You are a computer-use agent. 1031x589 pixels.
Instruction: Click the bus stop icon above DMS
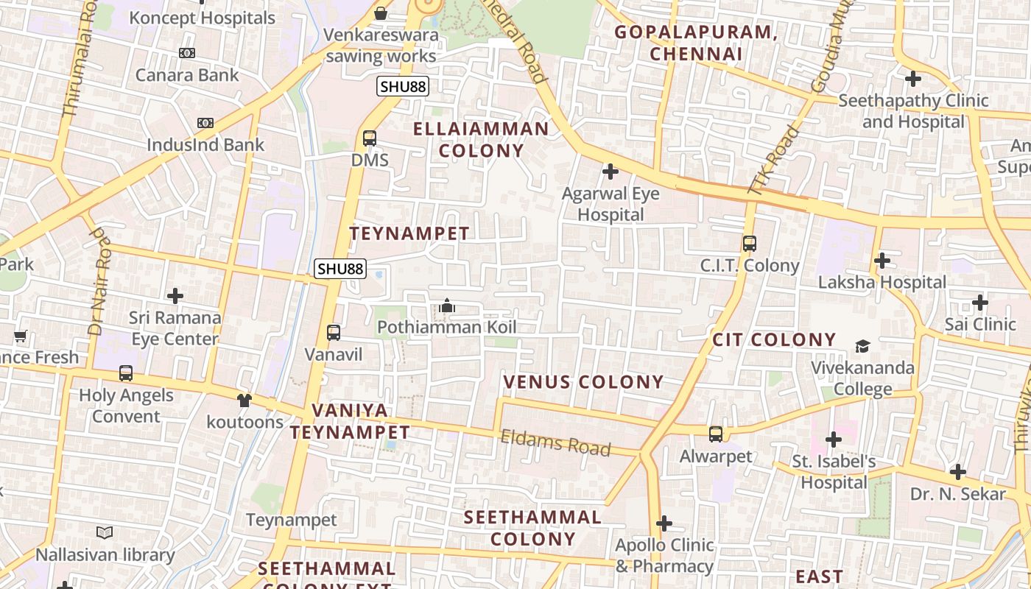tap(370, 138)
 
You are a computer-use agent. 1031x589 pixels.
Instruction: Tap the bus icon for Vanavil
tap(334, 333)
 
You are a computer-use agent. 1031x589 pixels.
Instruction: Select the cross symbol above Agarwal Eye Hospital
tap(610, 172)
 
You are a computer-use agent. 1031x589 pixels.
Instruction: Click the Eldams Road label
tap(555, 442)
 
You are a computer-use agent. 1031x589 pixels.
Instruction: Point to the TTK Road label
tap(773, 160)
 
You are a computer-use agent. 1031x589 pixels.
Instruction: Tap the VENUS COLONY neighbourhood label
tap(583, 382)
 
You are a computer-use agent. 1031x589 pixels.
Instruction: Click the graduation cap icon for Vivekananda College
tap(862, 346)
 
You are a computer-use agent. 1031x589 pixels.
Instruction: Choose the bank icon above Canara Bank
tap(187, 53)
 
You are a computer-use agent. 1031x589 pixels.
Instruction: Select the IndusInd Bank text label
tap(205, 144)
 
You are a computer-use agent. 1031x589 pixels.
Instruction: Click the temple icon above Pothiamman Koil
tap(447, 306)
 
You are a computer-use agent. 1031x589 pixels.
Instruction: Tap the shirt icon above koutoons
tap(244, 400)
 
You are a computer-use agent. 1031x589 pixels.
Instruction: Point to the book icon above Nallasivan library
tap(105, 532)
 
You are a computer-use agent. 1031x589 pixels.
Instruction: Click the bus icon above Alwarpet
tap(716, 434)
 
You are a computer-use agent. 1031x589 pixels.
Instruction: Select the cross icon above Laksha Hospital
tap(882, 261)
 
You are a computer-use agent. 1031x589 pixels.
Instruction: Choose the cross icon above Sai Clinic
tap(979, 303)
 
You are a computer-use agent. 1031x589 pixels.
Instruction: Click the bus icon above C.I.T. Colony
tap(750, 244)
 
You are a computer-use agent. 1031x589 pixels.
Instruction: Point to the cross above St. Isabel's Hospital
tap(834, 440)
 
